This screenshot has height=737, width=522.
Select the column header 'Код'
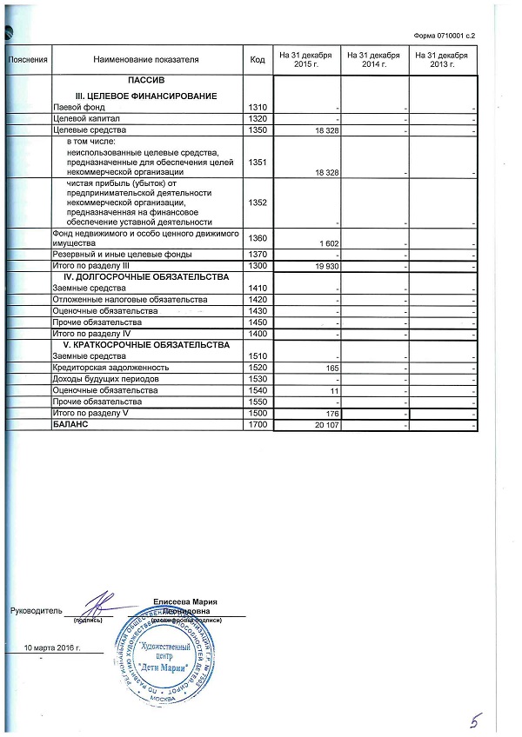[x=257, y=60]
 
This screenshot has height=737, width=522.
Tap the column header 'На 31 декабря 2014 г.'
[x=373, y=60]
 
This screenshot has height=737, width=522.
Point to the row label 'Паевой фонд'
[x=79, y=106]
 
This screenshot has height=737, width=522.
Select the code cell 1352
[x=257, y=203]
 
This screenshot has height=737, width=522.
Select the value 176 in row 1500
[x=331, y=414]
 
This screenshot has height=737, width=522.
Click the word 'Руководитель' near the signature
[x=35, y=611]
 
